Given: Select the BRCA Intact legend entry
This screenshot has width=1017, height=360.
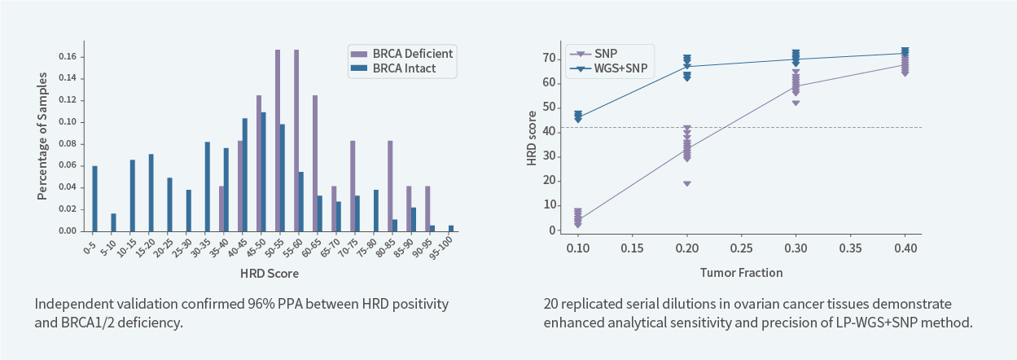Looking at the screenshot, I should click(x=404, y=68).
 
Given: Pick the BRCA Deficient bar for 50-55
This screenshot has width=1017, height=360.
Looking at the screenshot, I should click(x=278, y=140).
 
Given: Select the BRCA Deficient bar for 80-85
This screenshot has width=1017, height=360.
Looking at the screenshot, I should click(x=390, y=186).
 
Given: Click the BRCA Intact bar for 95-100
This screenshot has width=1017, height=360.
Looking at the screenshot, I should click(x=451, y=228).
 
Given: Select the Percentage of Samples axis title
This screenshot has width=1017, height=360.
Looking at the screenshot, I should click(x=42, y=136).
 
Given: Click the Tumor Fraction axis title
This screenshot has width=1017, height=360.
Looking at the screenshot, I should click(x=741, y=271).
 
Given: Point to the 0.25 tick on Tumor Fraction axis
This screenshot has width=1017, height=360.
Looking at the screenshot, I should click(x=741, y=246).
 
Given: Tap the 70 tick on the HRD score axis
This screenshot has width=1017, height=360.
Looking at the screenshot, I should click(x=550, y=58).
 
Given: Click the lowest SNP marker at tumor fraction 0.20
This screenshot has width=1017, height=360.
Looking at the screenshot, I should click(x=687, y=184).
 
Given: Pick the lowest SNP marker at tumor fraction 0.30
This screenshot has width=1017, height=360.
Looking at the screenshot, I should click(x=796, y=103).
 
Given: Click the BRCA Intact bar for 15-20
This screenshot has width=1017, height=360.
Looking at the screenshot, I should click(x=151, y=192).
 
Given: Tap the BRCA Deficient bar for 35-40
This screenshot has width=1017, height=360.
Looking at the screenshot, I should click(x=221, y=209).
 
